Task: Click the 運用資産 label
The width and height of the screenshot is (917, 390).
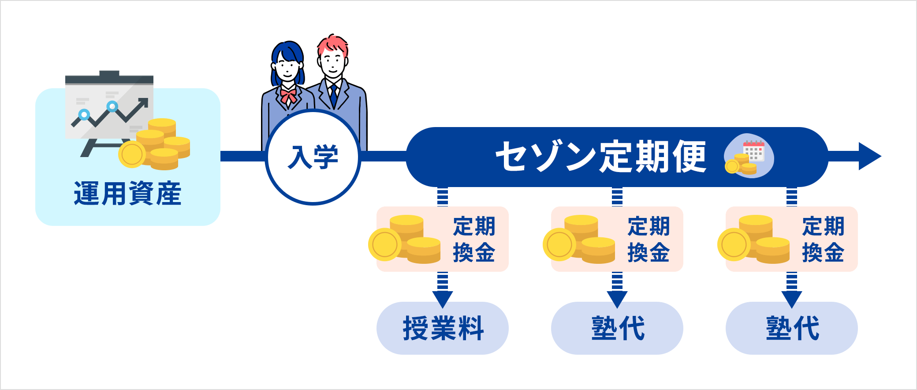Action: tap(127, 194)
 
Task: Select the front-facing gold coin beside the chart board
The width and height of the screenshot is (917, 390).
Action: tap(132, 154)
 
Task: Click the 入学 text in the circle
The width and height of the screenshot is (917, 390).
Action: tap(313, 157)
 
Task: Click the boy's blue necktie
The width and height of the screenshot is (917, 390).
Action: tap(334, 95)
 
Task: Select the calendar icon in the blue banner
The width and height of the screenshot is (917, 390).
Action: tap(753, 150)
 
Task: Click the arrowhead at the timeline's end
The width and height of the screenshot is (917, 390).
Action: tap(869, 156)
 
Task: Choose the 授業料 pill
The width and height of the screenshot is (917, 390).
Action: tap(443, 328)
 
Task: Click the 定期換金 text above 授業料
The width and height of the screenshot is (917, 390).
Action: tap(474, 239)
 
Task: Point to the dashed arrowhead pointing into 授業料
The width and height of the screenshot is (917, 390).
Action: tap(443, 299)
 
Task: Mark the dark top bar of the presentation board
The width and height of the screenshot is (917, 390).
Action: tap(109, 79)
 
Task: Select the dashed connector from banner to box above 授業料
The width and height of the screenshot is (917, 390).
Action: tap(443, 197)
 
